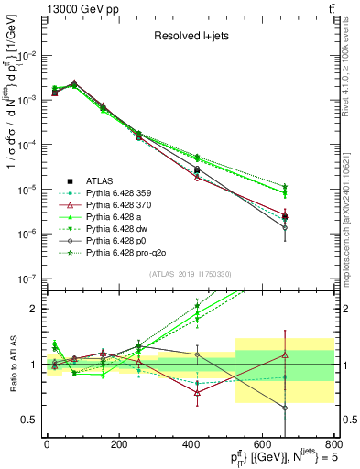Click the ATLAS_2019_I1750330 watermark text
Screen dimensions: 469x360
click(190, 274)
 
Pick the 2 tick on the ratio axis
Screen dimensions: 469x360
click(35, 309)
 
